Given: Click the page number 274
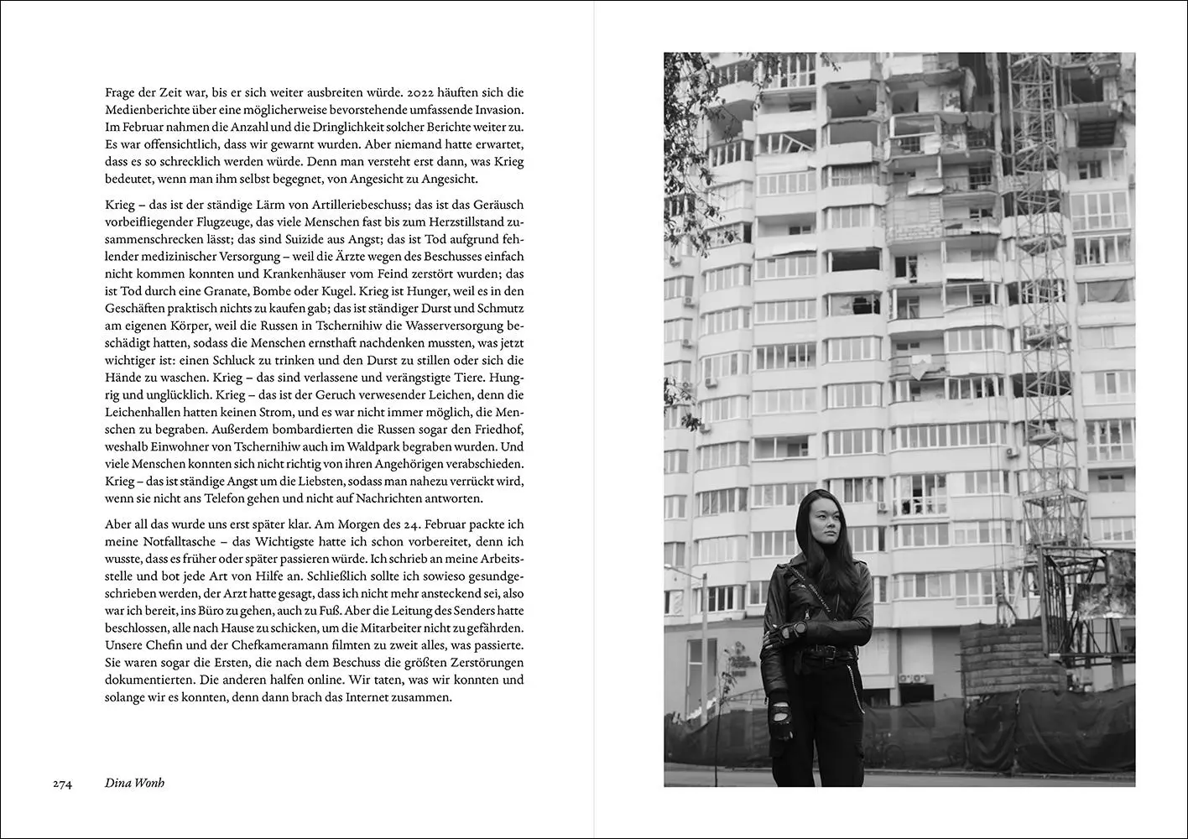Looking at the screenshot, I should point(62,784).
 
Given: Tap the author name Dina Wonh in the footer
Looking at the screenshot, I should point(135,784).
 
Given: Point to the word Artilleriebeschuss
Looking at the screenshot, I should point(356,204).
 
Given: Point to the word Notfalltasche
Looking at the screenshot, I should point(171,541).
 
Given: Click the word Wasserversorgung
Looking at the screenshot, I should point(445,326).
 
